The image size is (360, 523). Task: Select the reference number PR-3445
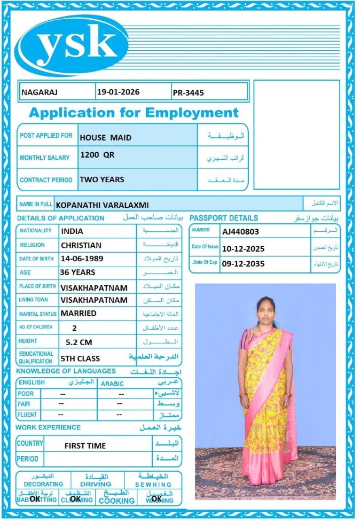(x=188, y=92)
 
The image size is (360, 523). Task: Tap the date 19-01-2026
(x=118, y=92)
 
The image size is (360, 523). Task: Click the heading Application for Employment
(x=134, y=113)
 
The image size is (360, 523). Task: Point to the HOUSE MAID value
(x=105, y=137)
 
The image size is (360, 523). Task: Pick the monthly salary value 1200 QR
(x=97, y=155)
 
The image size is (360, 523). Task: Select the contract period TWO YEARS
(x=101, y=179)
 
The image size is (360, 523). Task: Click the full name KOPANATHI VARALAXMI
(x=103, y=205)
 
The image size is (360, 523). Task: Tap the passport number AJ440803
(x=240, y=231)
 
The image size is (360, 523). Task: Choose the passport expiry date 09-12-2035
(x=243, y=264)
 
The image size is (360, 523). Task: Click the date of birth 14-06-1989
(x=82, y=259)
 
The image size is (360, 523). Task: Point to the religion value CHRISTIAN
(x=81, y=245)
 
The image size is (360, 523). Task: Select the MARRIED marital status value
(x=79, y=313)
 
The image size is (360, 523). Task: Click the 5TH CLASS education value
(x=80, y=358)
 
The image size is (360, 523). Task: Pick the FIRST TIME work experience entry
(x=85, y=446)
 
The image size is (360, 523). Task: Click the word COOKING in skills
(x=116, y=501)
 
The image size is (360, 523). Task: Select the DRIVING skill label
(x=96, y=484)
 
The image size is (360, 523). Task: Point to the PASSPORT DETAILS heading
(x=224, y=218)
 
